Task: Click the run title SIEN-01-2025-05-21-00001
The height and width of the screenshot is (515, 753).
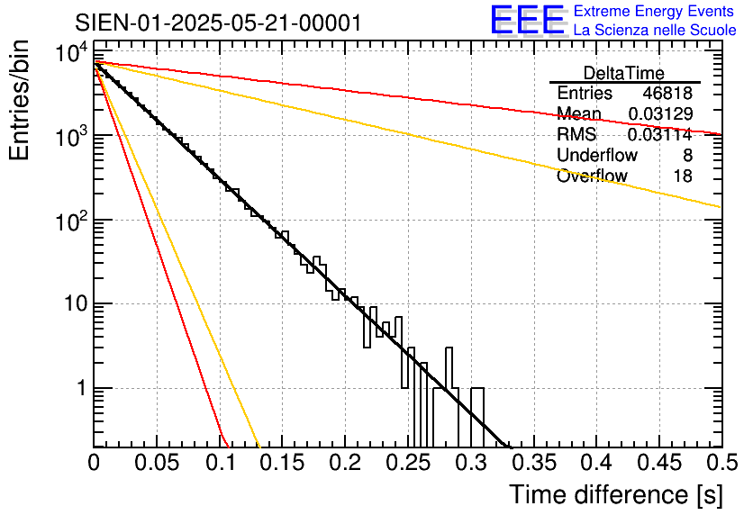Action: tap(218, 23)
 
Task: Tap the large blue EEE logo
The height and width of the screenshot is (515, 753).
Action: tap(527, 21)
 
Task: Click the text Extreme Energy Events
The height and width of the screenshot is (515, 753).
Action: tap(655, 12)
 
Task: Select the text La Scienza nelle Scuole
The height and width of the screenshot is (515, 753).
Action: tap(655, 31)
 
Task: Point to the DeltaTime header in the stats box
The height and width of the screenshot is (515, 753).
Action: tap(624, 73)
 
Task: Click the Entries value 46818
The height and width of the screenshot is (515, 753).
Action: tap(667, 94)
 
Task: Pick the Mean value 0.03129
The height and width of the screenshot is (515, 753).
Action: tap(661, 114)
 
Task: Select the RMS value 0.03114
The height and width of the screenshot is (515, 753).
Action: tap(661, 135)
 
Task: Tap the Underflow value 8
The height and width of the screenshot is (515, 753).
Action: tap(687, 156)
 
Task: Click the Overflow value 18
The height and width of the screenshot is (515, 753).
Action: tap(683, 176)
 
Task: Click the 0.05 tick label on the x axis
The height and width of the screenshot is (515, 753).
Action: tap(157, 463)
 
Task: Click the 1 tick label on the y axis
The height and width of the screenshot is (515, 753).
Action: tap(79, 389)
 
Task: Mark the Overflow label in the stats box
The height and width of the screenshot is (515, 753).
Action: tap(592, 176)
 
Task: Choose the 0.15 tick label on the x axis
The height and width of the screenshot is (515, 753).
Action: tap(282, 463)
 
